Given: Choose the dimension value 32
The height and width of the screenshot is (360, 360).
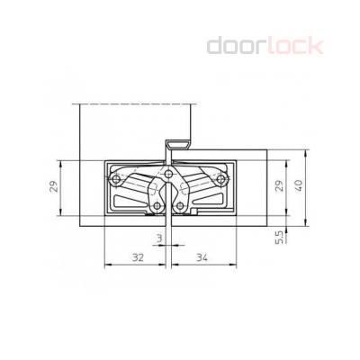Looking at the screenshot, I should [137, 257].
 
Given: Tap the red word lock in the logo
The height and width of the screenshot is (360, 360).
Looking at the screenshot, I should [293, 46].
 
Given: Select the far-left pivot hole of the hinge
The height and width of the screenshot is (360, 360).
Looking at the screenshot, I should [117, 178].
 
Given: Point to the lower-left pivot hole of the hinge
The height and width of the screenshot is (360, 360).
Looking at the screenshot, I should [157, 206].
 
